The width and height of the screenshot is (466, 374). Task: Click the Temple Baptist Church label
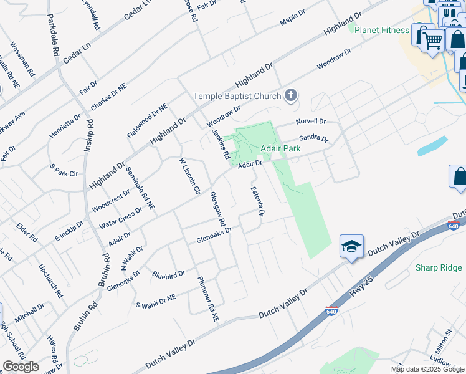click(237, 96)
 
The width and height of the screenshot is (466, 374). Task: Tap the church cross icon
click(290, 95)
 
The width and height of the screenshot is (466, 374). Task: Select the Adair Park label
click(280, 149)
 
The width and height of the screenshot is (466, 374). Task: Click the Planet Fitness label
click(381, 29)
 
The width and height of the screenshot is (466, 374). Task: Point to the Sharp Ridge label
click(439, 267)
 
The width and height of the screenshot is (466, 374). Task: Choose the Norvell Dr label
click(311, 121)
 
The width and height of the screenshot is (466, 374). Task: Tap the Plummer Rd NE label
click(207, 299)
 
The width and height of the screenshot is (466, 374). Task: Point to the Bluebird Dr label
click(169, 274)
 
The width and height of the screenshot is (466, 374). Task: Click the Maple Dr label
click(292, 17)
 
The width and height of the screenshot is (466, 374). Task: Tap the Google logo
click(21, 367)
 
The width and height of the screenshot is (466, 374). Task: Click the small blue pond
click(432, 145)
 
